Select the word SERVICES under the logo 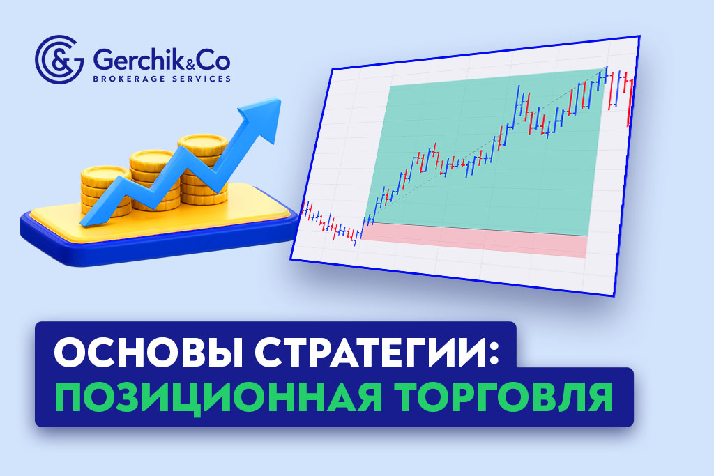[200, 79]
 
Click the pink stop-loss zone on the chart [474, 242]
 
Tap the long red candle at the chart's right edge [630, 105]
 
